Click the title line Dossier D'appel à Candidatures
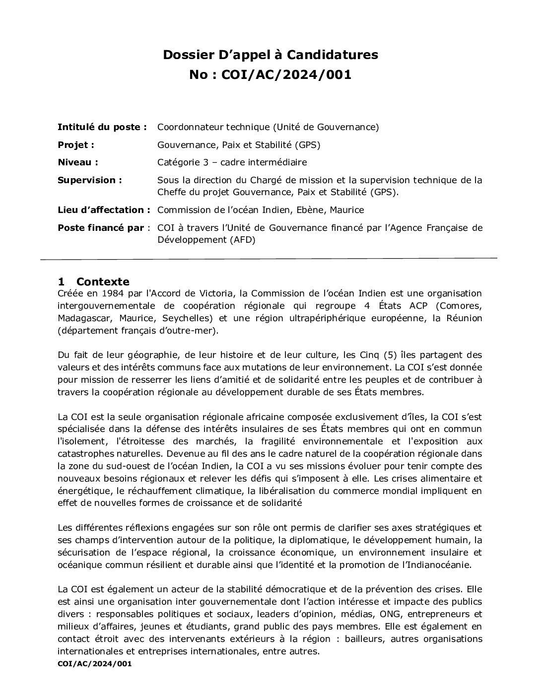[270, 55]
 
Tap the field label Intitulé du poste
[102, 127]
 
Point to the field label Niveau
[77, 162]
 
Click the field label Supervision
[89, 180]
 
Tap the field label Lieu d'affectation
[104, 210]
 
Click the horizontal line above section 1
[268, 259]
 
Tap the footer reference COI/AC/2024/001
[94, 663]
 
